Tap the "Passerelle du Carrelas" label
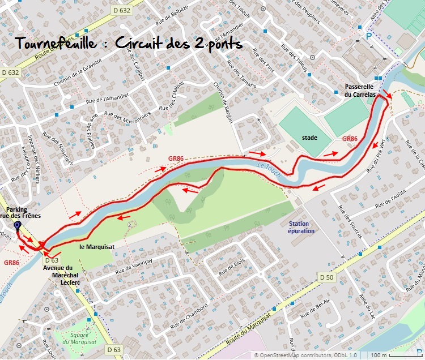(x=360, y=91)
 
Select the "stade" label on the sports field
(x=309, y=138)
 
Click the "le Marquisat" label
(x=97, y=247)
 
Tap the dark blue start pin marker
(x=17, y=226)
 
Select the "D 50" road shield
(x=326, y=277)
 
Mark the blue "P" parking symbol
(x=369, y=35)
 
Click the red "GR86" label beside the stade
(x=350, y=139)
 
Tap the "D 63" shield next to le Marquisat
(x=52, y=260)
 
